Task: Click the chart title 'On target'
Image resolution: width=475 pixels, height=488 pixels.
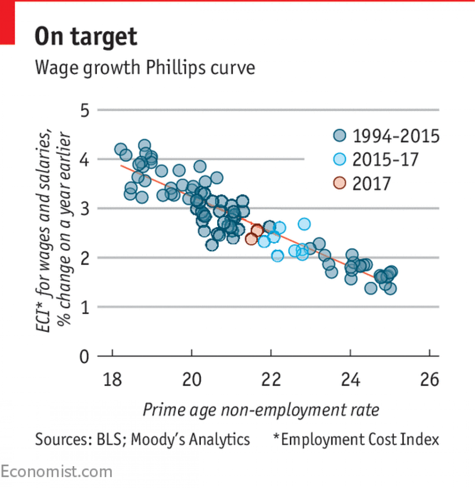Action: (86, 37)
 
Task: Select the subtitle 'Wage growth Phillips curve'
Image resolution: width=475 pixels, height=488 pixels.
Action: (145, 68)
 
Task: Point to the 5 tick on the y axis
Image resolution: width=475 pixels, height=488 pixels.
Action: (85, 111)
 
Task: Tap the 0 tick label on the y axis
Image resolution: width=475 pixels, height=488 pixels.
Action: (85, 357)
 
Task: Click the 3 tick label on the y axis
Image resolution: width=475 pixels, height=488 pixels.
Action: (85, 209)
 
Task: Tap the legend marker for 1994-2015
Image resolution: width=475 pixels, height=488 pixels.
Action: (340, 136)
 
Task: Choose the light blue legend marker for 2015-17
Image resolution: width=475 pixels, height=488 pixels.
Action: (340, 159)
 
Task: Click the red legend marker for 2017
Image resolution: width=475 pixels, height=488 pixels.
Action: (340, 183)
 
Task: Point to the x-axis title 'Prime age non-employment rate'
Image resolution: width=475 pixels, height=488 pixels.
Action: (261, 410)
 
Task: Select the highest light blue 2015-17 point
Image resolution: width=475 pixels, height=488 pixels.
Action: (304, 224)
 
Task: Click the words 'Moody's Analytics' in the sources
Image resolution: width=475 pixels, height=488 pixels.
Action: (190, 439)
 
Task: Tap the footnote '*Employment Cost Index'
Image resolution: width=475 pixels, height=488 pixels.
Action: (356, 439)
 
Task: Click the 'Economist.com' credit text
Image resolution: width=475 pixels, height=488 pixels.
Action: (56, 472)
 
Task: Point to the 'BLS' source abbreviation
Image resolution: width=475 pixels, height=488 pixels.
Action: (108, 439)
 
